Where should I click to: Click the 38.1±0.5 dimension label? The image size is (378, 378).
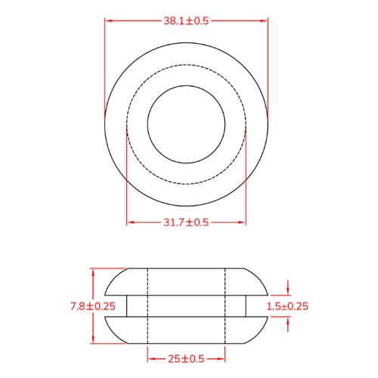tap(186, 21)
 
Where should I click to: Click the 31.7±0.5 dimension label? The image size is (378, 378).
tap(186, 222)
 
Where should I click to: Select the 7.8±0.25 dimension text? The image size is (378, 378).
tap(92, 306)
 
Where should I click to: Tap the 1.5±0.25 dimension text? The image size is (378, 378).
tap(288, 306)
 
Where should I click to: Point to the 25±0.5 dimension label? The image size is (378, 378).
tap(186, 358)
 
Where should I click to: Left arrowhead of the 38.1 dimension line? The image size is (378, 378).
tap(107, 21)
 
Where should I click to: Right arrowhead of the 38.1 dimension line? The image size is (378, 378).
tap(265, 21)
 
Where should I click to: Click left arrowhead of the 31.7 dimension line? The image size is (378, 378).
tap(129, 222)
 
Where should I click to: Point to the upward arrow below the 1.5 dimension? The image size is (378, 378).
tap(288, 321)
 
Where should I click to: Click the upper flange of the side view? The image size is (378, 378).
tap(186, 280)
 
